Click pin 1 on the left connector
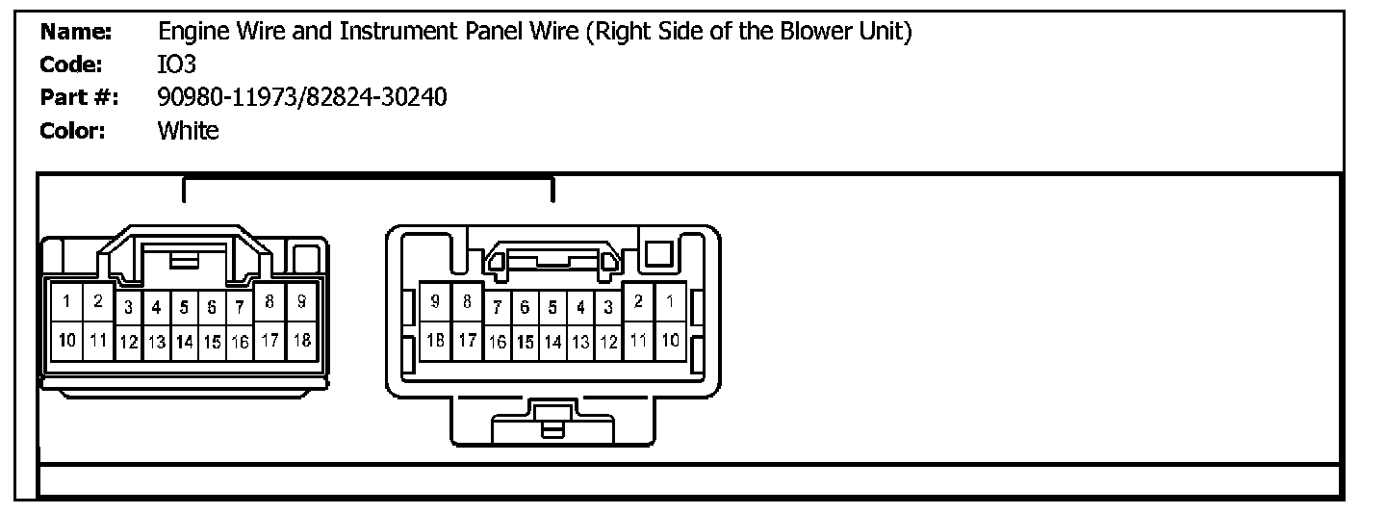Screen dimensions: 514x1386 coord(66,302)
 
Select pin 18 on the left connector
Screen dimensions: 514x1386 coord(301,340)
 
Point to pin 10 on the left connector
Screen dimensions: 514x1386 coord(67,340)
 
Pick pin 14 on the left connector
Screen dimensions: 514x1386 coord(184,342)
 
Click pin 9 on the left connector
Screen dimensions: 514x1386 coord(301,302)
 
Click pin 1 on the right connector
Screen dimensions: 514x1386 coord(670,302)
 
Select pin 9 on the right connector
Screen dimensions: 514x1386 coord(435,302)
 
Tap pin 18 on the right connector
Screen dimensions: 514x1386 coord(435,340)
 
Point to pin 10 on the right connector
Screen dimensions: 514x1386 coord(670,340)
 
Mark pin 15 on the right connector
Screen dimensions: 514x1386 coord(525,342)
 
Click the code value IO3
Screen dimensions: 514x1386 coord(176,65)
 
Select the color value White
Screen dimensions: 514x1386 coord(188,130)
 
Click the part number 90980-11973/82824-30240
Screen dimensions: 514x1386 coord(301,97)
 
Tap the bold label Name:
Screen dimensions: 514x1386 coord(76,33)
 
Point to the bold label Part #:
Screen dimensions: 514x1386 coord(79,97)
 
